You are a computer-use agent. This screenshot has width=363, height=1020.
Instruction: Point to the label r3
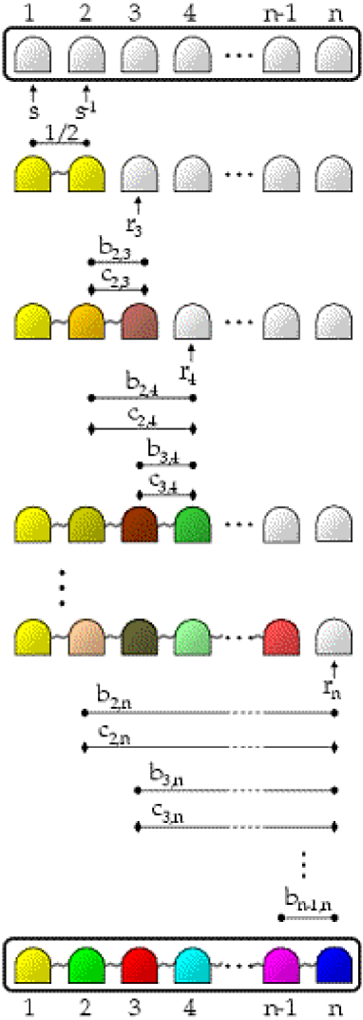[140, 226]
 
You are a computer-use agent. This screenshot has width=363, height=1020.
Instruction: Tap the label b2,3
[114, 248]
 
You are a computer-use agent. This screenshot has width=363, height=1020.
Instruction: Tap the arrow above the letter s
[33, 92]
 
